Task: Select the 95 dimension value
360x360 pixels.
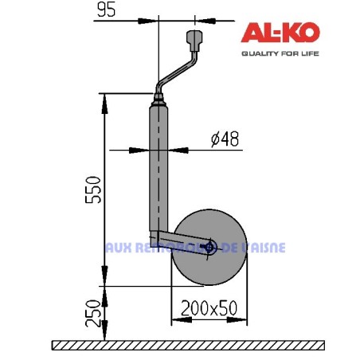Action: click(107, 10)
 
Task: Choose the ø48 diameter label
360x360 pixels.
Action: click(225, 139)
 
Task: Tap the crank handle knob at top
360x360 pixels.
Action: click(194, 39)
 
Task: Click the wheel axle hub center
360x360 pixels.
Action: click(209, 247)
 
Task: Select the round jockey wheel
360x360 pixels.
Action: click(209, 267)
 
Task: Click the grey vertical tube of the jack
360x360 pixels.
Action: click(159, 171)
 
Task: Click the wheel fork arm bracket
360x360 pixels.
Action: click(179, 242)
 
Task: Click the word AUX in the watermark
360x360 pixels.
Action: click(116, 247)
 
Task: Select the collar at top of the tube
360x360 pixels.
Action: click(159, 102)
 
